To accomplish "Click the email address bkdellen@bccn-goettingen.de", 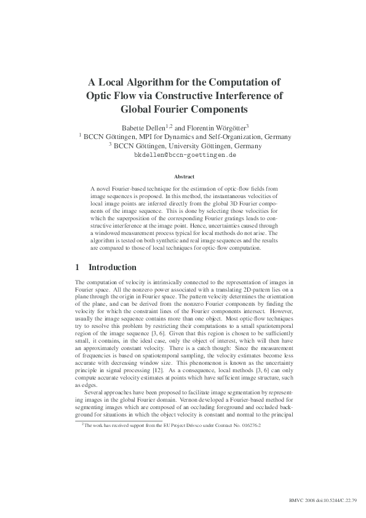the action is (185, 156).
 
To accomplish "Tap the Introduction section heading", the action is (113, 268).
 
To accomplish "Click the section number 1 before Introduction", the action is (77, 268).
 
